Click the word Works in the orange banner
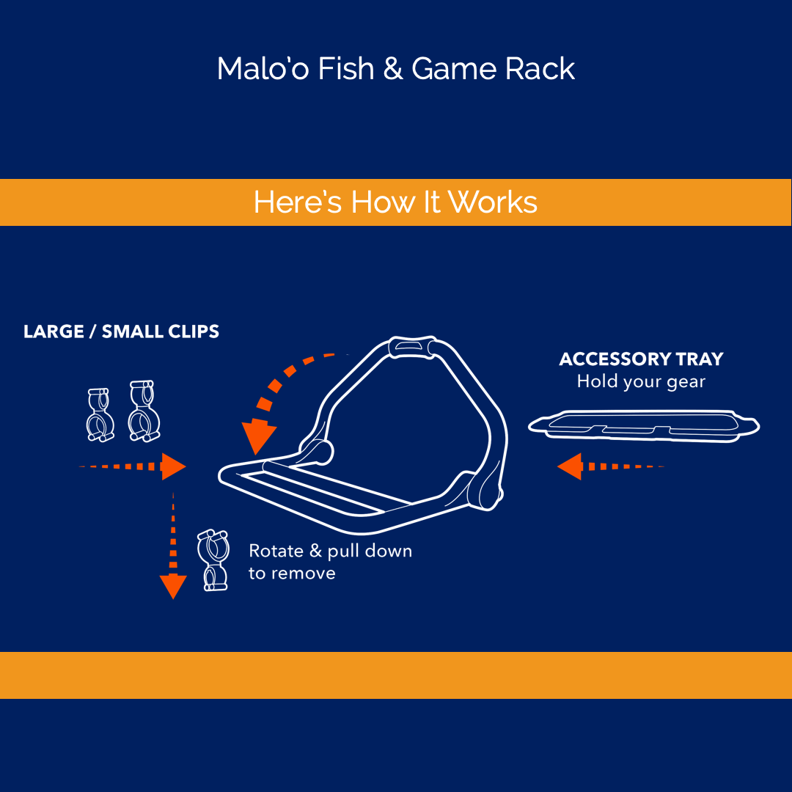point(493,202)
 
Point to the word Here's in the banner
point(298,202)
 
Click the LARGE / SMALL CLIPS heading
point(121,331)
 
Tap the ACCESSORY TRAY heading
point(641,359)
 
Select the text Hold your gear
point(641,382)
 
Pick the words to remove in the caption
point(292,573)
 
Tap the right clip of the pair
point(142,411)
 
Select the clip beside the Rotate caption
point(213,560)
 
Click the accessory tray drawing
point(644,426)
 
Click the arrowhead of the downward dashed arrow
point(173,586)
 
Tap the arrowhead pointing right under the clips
point(172,466)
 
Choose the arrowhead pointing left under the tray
point(570,466)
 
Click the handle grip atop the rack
point(413,345)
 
